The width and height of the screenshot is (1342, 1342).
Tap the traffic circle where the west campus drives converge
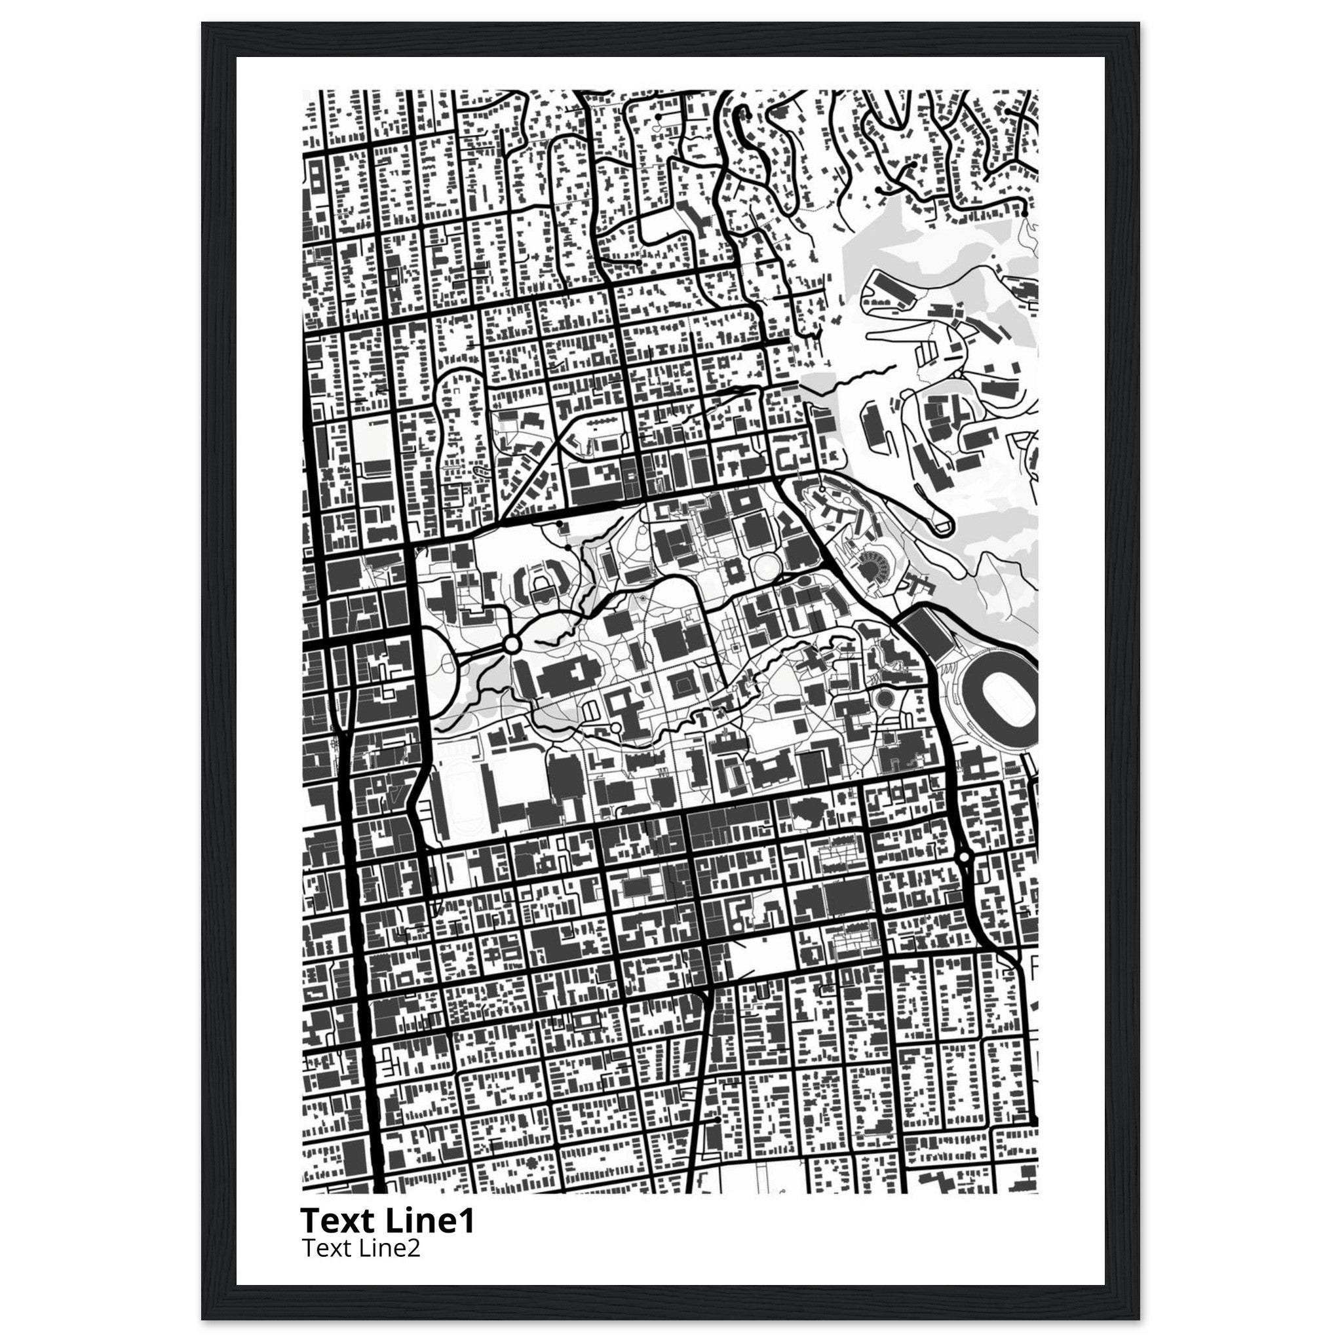point(512,645)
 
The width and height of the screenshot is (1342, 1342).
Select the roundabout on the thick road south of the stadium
point(963,858)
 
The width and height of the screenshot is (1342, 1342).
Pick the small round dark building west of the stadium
point(884,697)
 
